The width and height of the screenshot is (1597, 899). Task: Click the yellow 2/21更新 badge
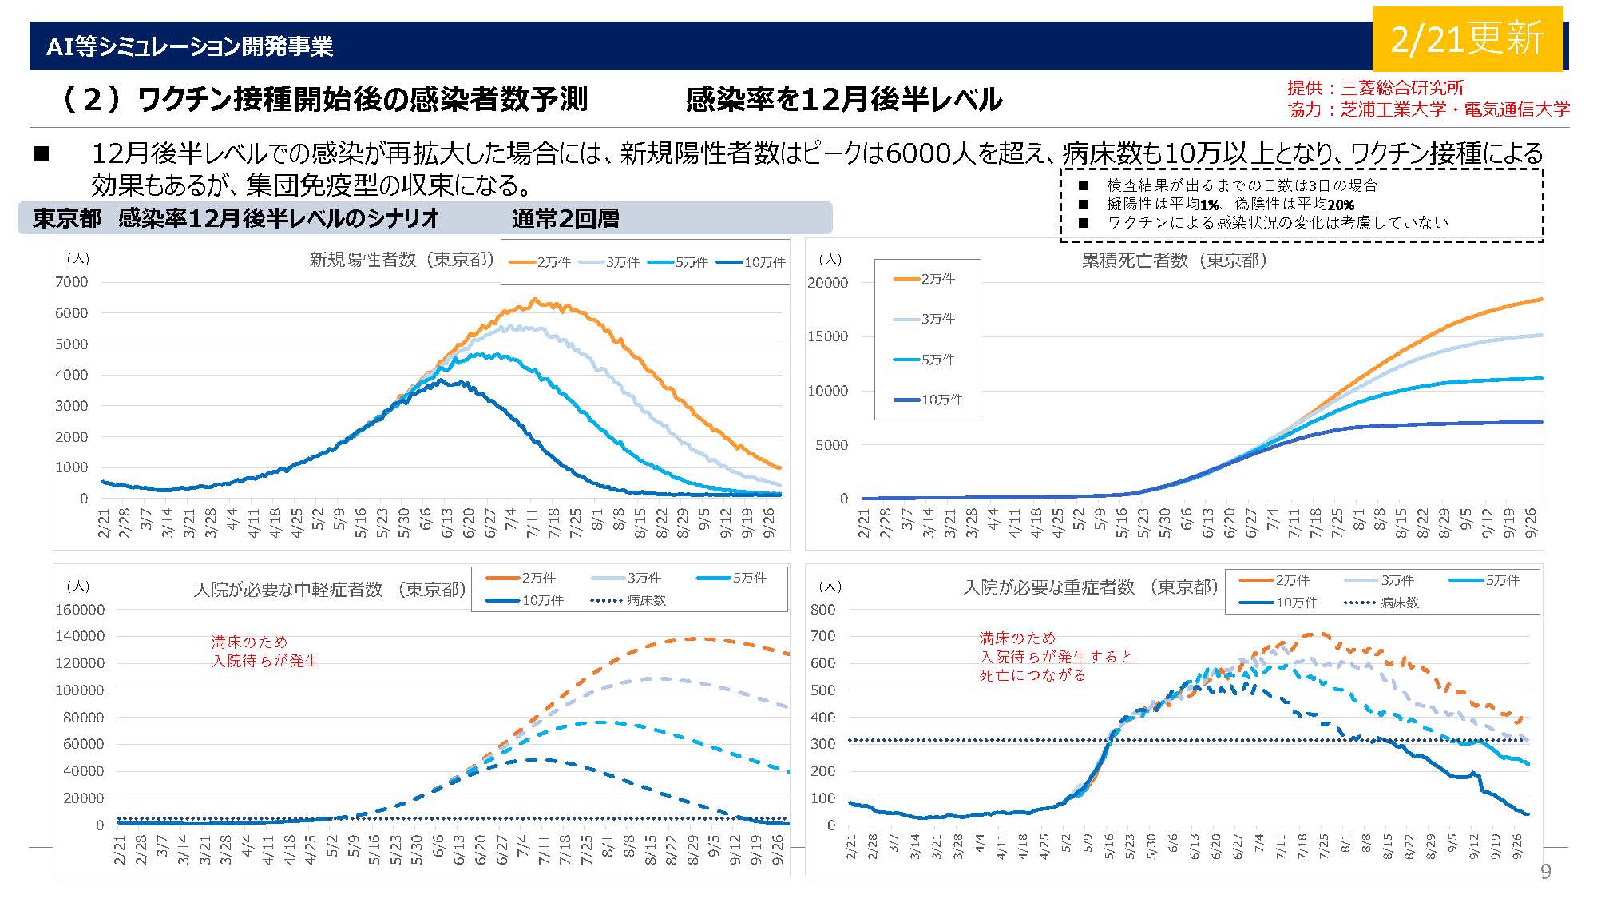click(1467, 39)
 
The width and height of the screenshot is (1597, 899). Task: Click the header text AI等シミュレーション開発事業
click(189, 46)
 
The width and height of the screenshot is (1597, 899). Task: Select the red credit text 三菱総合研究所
click(1401, 88)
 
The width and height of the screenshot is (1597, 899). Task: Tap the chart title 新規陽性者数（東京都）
click(402, 260)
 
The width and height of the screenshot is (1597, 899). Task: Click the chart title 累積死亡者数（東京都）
click(1174, 261)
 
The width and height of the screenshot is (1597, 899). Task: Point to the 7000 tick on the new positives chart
click(71, 282)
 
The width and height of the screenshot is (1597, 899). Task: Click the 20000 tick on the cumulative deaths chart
click(828, 283)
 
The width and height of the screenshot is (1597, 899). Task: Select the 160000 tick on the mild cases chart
click(80, 610)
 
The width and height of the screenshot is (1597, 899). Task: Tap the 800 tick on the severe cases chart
click(823, 610)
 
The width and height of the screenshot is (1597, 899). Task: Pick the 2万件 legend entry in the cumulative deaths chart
click(925, 279)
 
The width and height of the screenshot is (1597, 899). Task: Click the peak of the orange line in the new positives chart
click(534, 300)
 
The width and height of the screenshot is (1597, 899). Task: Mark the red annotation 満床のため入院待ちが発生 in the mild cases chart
click(265, 651)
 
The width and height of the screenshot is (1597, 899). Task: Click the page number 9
click(1545, 871)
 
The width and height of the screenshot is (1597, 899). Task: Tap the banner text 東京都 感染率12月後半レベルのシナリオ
click(236, 218)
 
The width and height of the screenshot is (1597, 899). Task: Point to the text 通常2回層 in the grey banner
click(565, 218)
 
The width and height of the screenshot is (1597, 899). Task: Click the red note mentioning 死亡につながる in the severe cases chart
click(1056, 657)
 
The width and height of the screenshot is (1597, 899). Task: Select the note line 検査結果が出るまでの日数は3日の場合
click(1242, 185)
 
